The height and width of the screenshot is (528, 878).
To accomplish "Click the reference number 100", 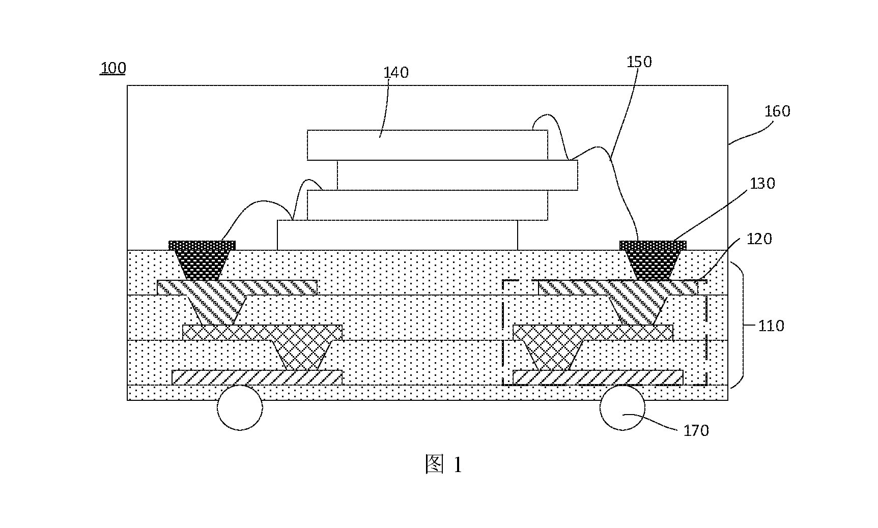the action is coord(113,68).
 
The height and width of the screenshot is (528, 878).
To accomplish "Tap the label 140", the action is coord(396,73).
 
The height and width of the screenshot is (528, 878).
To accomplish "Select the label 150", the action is coord(639,62).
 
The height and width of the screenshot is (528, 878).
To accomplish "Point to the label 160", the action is coord(777,111).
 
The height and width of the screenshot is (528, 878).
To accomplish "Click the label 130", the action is coord(762,183).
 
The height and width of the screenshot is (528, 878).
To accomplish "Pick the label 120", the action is coord(759,239).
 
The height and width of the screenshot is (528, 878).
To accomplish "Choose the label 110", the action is coord(772,325).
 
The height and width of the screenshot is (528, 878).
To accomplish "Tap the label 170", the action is coord(696,431).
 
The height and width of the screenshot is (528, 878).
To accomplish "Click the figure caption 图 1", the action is coord(443,464).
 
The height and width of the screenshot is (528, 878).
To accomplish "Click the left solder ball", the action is coord(240,407).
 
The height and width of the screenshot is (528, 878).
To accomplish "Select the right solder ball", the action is coord(622,407).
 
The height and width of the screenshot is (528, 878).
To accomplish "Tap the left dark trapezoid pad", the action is coord(202,260).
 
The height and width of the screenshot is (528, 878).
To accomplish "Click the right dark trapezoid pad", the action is coord(653,260).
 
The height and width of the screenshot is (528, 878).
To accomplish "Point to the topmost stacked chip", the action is coord(428,145).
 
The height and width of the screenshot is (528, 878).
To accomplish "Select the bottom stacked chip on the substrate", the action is coord(398,235).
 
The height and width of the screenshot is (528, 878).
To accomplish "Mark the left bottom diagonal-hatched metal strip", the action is coord(257,377).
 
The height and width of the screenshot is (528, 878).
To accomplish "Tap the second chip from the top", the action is coord(458,175).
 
